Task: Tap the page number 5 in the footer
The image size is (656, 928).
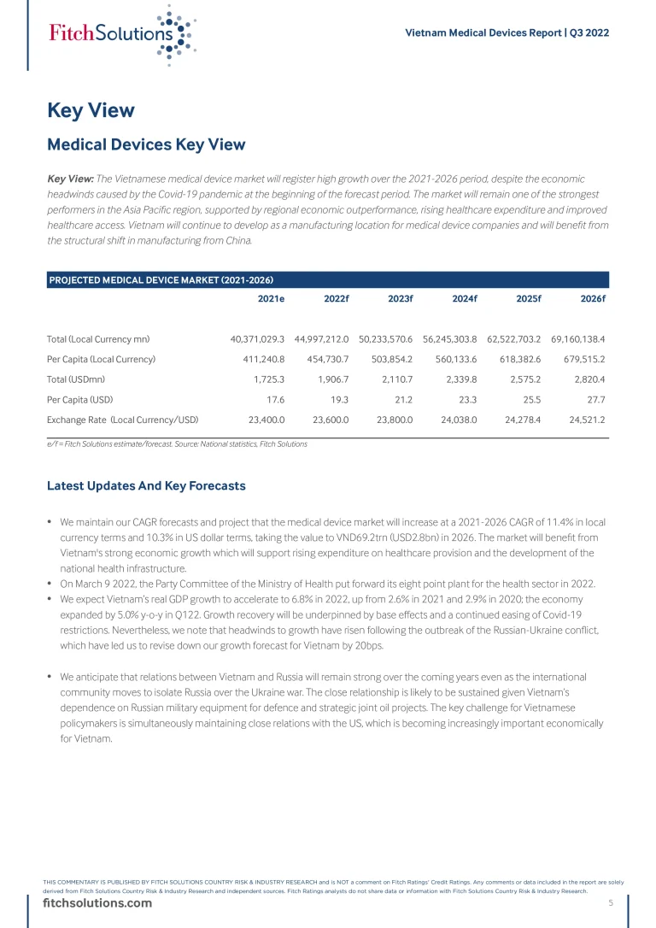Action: pos(611,903)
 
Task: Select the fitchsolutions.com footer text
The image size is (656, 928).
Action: pos(97,903)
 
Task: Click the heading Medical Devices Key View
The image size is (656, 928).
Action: pos(146,144)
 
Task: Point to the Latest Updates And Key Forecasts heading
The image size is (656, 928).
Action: pos(146,485)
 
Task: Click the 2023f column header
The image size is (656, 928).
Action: pos(400,298)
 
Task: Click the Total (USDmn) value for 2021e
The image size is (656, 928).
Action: pos(269,379)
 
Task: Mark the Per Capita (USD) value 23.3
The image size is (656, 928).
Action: pos(466,399)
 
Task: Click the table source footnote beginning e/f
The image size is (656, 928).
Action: pos(177,444)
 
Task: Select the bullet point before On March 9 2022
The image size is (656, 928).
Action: pos(50,584)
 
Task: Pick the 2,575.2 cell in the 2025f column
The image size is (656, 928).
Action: pos(523,379)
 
